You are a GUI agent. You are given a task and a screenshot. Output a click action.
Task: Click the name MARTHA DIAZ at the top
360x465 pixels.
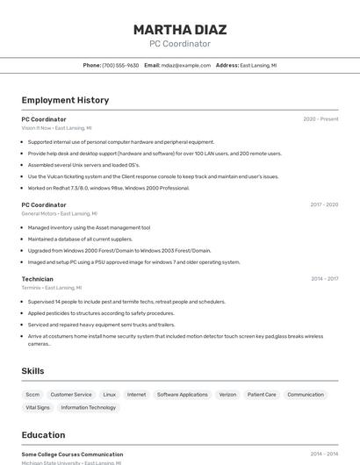[x=180, y=30]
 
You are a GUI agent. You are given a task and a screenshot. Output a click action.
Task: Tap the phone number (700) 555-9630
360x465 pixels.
[x=120, y=65]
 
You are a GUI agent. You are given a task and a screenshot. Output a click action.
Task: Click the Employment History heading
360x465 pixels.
[x=65, y=100]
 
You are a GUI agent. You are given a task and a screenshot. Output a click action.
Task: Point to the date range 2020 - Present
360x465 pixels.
[x=320, y=118]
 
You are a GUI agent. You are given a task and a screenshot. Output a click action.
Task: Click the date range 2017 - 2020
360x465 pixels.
[x=324, y=204]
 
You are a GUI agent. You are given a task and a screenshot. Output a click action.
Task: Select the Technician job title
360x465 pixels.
[x=37, y=279]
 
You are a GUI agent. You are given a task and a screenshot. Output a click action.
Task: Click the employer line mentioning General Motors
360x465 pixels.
[x=59, y=213]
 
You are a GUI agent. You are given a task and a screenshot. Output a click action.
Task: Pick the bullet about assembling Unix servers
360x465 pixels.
[x=83, y=164]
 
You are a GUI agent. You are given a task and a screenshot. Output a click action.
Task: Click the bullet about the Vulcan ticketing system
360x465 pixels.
[x=153, y=175]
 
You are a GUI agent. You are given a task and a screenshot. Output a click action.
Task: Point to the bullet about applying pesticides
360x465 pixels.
[x=101, y=312]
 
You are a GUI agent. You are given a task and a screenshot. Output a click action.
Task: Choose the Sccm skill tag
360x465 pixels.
[x=32, y=395]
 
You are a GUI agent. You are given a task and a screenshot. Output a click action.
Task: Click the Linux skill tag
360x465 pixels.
[x=109, y=395]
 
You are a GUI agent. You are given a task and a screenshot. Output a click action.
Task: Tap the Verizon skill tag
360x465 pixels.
[x=227, y=395]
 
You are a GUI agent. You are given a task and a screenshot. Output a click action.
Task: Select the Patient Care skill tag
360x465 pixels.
[x=262, y=395]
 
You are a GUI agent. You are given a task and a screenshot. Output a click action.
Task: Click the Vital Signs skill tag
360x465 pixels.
[x=38, y=407]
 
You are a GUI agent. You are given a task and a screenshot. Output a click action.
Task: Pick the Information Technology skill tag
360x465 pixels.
[x=88, y=407]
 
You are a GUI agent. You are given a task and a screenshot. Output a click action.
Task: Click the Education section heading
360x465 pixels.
[x=43, y=435]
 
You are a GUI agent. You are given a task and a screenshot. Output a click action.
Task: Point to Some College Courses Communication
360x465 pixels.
[x=72, y=454]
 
